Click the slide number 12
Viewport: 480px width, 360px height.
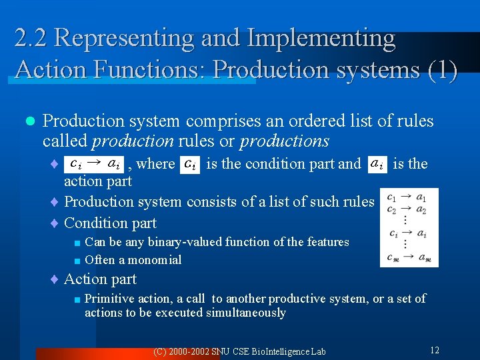coord(434,350)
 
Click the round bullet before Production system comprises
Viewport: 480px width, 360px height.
coord(29,121)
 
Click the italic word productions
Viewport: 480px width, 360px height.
coord(285,141)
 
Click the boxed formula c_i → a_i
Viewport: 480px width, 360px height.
coord(95,163)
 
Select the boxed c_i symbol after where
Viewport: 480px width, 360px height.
coord(191,163)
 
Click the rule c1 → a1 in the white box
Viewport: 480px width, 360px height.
coord(408,197)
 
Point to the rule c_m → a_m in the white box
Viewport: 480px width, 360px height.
coord(408,258)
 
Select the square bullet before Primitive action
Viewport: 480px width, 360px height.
coord(77,299)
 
